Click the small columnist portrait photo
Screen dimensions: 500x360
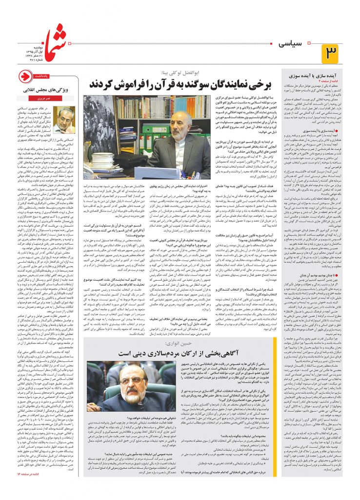point(65,120)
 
